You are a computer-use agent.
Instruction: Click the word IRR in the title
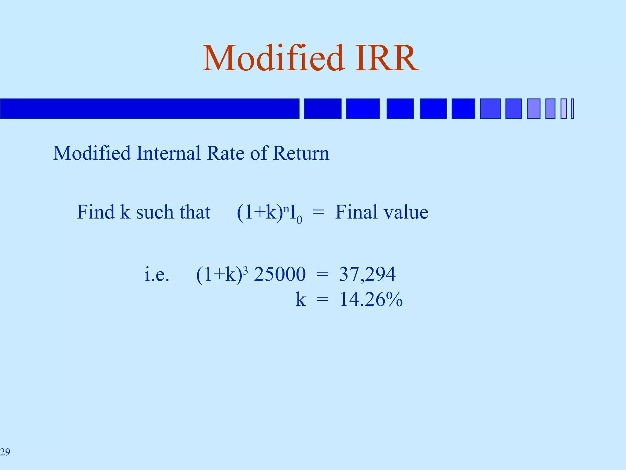387,58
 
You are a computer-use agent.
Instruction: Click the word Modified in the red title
273,58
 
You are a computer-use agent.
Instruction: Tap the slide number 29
5,452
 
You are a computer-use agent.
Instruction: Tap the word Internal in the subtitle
168,153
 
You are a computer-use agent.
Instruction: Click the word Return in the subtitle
301,153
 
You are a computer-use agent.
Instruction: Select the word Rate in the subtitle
226,153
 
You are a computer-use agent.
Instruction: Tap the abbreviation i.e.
156,274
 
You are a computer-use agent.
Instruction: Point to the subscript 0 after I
299,220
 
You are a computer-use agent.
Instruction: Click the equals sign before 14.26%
322,300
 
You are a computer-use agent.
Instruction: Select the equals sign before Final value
319,212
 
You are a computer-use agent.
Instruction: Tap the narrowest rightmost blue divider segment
572,109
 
